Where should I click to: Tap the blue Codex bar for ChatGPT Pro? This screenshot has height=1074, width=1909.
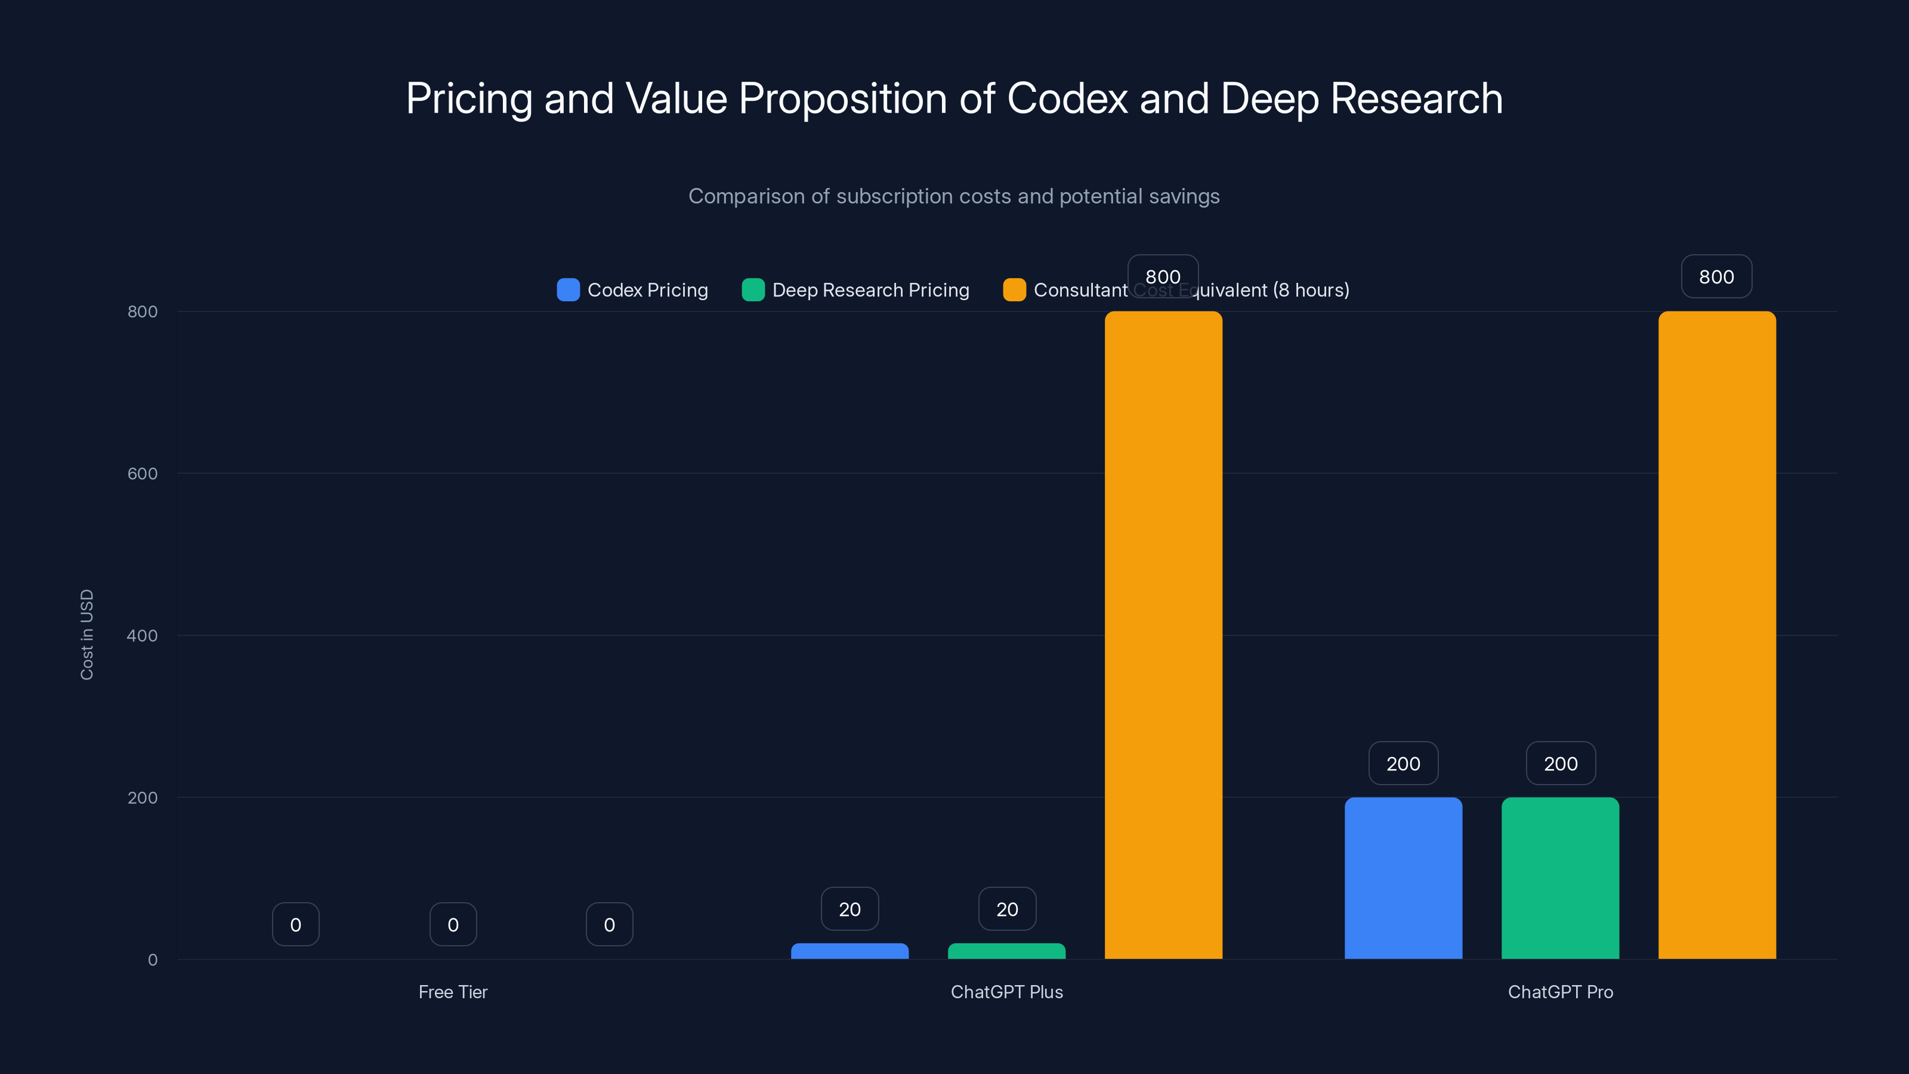click(1403, 878)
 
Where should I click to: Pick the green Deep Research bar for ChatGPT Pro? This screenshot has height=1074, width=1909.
click(1560, 878)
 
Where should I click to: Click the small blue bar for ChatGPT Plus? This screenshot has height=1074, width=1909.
click(850, 951)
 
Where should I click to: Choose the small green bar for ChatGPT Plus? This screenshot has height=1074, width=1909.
click(1006, 951)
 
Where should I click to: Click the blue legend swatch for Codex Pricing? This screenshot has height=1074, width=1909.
click(568, 290)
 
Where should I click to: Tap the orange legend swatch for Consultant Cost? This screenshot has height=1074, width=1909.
click(1014, 290)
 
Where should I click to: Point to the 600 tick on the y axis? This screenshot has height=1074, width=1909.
click(143, 474)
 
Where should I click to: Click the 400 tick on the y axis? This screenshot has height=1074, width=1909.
click(143, 635)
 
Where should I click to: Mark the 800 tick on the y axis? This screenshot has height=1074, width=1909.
click(143, 311)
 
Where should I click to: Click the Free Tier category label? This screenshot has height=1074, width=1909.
click(453, 992)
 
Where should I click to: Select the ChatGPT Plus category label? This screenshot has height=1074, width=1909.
click(1006, 992)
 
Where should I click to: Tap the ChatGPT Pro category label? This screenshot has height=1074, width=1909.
click(1560, 992)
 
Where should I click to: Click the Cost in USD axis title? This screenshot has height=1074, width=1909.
click(87, 634)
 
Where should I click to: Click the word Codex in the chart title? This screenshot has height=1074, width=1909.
click(1067, 98)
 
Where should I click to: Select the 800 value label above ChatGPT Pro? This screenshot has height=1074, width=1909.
click(1716, 276)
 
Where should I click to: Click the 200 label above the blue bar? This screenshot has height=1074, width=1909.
click(1403, 764)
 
